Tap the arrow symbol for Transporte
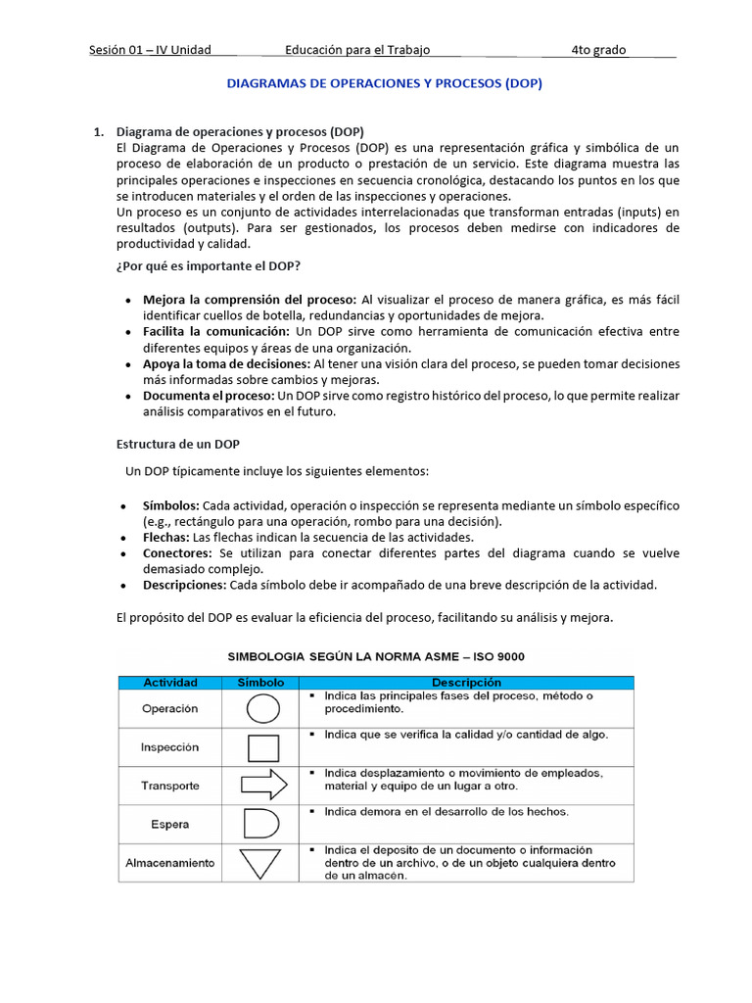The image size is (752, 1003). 262,785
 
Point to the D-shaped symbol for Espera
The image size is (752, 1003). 260,824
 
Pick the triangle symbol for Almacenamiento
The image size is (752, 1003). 260,863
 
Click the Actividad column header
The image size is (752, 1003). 170,682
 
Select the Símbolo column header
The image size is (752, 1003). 260,682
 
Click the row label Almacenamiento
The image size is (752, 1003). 170,863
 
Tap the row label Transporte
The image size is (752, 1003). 170,786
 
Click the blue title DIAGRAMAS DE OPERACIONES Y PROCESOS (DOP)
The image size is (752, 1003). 384,84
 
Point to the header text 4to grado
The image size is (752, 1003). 599,50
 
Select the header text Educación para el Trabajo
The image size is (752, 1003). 357,50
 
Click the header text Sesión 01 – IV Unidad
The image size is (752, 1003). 150,50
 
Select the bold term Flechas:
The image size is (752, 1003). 165,537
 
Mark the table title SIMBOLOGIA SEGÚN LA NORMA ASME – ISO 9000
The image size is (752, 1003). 376,656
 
